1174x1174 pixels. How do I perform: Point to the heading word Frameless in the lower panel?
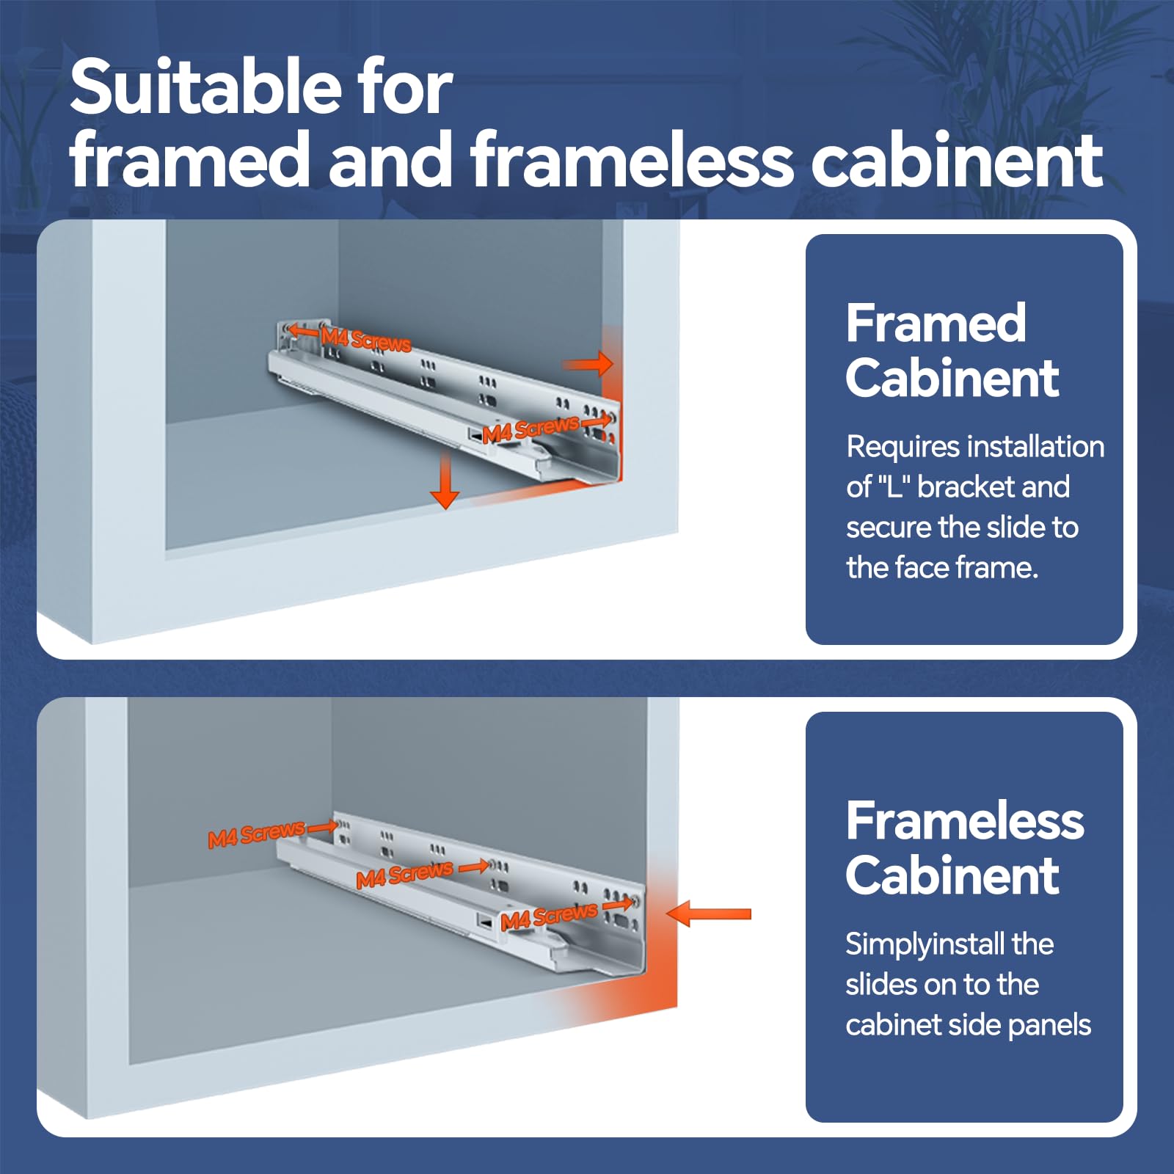click(x=965, y=820)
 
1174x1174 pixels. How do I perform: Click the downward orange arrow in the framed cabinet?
click(x=445, y=481)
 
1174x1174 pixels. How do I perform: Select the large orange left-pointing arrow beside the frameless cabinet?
click(x=709, y=914)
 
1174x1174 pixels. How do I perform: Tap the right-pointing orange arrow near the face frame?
click(x=588, y=363)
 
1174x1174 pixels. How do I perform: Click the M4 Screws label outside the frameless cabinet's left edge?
click(x=256, y=835)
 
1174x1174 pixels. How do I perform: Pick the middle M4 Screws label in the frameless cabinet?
click(x=404, y=874)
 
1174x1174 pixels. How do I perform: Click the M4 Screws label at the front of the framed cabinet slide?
click(x=531, y=429)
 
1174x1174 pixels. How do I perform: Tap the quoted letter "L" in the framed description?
click(x=894, y=486)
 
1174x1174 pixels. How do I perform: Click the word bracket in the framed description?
click(x=966, y=486)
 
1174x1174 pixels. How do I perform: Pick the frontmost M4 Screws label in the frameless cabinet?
click(x=549, y=916)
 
